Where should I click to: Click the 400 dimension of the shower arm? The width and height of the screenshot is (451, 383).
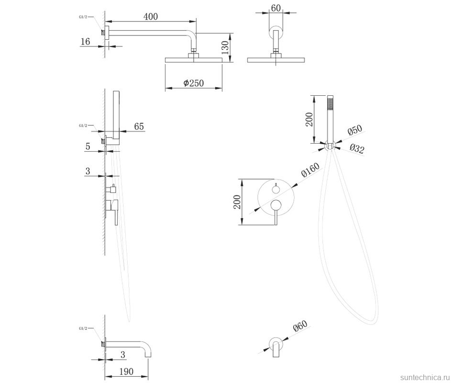(151, 16)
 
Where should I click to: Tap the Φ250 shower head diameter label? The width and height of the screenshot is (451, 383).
(194, 83)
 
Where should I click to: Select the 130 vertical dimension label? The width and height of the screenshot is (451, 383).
(225, 47)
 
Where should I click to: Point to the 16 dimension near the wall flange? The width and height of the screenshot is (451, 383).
(85, 42)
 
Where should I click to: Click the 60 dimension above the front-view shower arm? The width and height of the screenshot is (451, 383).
(275, 8)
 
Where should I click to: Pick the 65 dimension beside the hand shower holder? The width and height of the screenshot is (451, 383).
(139, 126)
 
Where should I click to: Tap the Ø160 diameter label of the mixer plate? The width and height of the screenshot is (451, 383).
(310, 170)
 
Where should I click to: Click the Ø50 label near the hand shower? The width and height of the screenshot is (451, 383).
(354, 130)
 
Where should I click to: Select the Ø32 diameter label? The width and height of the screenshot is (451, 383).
(357, 148)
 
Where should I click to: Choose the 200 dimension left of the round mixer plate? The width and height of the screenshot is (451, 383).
(237, 202)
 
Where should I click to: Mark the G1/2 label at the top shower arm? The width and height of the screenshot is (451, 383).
(83, 17)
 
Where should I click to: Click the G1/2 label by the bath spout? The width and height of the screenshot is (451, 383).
(83, 328)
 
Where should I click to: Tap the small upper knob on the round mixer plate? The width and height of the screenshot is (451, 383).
(276, 189)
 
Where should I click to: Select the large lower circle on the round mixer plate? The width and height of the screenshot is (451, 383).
(276, 205)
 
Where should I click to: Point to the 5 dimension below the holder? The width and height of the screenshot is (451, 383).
(88, 146)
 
